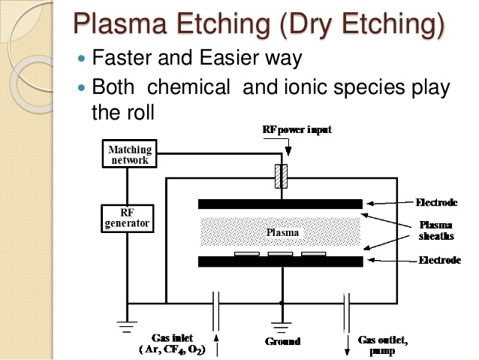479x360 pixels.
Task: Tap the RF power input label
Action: click(297, 130)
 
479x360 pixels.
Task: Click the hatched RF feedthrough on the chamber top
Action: click(283, 177)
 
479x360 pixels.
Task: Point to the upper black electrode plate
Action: click(280, 204)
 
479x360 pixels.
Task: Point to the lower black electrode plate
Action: click(280, 262)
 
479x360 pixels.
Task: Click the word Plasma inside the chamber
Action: click(283, 232)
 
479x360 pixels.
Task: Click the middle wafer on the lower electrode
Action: click(280, 255)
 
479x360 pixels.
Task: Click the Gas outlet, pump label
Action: click(383, 345)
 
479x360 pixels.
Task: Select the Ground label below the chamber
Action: click(282, 341)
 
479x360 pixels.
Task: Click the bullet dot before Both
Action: click(83, 88)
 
